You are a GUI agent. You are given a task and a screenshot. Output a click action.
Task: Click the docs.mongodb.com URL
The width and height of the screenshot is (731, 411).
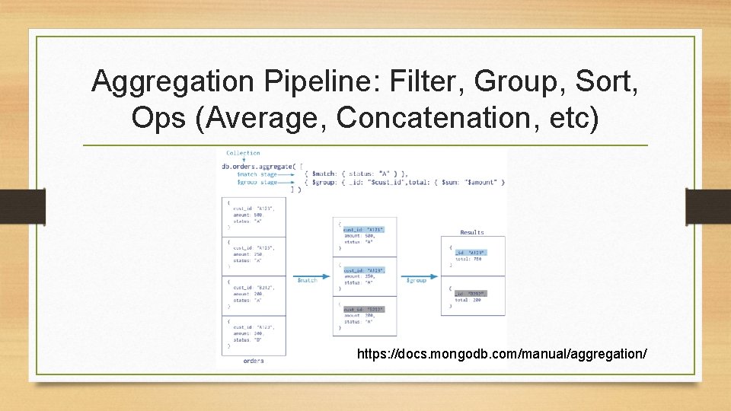(x=502, y=354)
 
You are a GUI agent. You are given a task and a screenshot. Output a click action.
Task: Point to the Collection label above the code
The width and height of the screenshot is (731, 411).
(x=243, y=153)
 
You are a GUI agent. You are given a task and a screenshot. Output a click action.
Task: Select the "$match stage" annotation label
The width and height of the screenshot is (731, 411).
(x=257, y=174)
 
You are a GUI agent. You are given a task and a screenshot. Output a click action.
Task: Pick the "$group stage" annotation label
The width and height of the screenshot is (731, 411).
(x=257, y=183)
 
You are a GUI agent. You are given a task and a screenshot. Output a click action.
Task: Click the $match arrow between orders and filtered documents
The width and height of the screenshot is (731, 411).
(x=308, y=276)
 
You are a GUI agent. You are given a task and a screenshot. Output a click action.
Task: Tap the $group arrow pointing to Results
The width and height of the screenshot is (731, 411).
(x=417, y=276)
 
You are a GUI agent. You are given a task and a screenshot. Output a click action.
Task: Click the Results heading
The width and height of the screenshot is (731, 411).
(x=472, y=232)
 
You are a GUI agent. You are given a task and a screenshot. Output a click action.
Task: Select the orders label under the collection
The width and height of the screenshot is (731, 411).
(x=254, y=361)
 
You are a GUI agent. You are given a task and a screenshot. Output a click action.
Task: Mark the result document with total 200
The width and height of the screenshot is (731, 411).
(x=472, y=297)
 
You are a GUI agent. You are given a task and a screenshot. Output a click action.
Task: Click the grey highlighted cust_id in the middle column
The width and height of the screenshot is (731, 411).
(x=364, y=229)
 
